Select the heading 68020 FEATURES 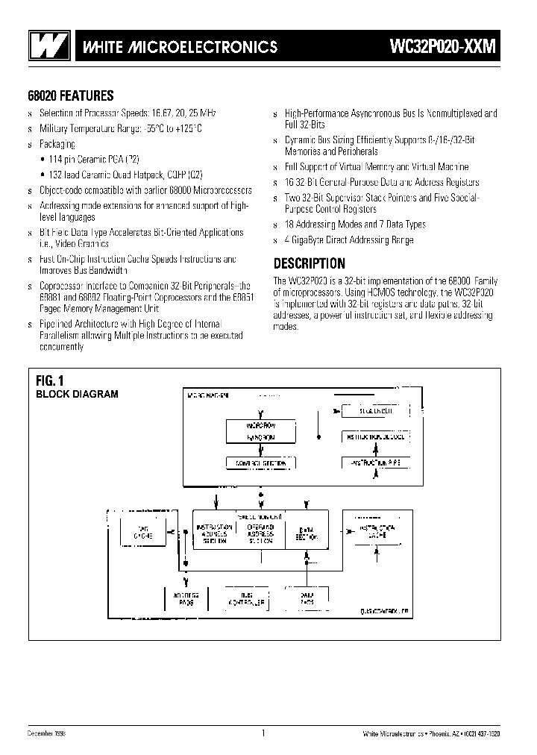click(70, 95)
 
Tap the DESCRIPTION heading click(309, 263)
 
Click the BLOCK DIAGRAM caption click(78, 394)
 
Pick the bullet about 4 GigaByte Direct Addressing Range click(348, 240)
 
